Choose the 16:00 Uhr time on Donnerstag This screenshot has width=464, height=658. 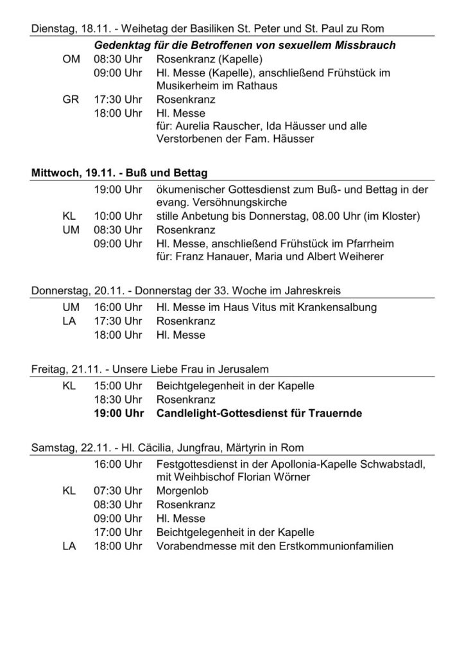[117, 308]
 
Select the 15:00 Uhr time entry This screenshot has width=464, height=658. [117, 386]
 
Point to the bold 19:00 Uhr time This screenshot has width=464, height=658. [117, 413]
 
